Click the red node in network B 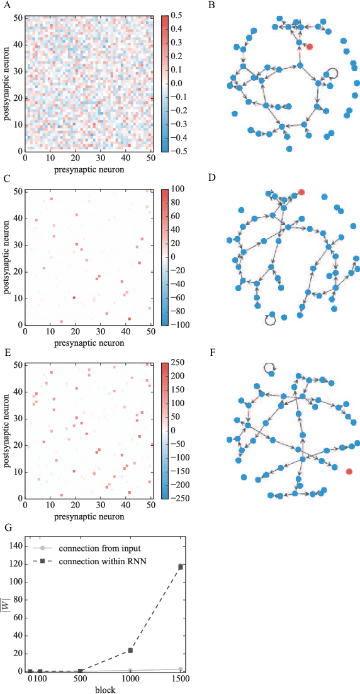309,47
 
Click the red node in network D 301,191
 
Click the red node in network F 349,471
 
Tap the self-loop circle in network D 270,320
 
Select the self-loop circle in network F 269,368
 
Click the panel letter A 5,6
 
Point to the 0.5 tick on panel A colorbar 174,15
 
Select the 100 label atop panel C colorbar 176,189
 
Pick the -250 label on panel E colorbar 178,498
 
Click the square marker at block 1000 131,650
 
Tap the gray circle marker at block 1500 181,669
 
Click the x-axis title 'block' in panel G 104,690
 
